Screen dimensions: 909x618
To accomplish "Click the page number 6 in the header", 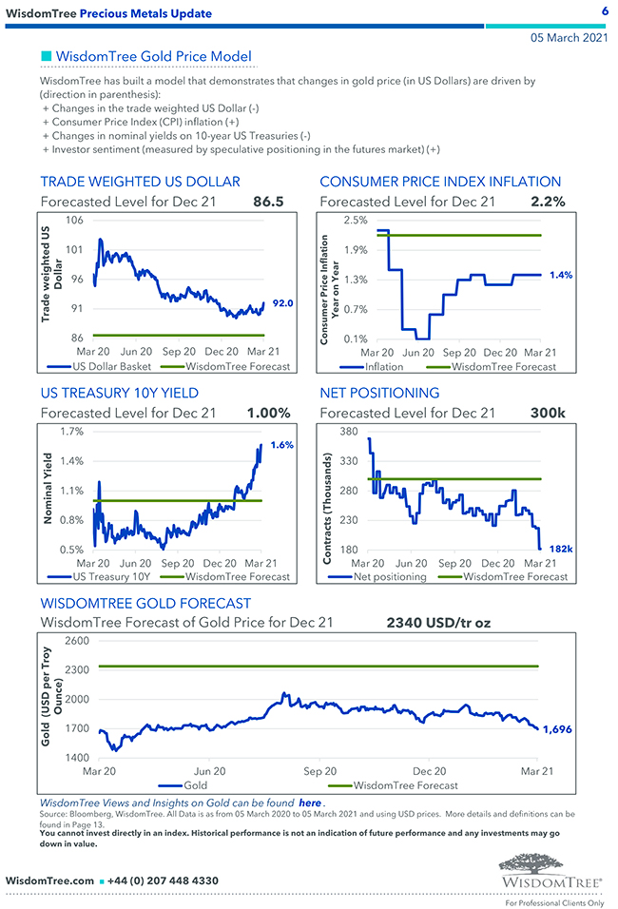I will coord(605,11).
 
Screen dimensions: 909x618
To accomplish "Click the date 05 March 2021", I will coord(569,37).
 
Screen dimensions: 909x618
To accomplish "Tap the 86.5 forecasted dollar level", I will coord(268,202).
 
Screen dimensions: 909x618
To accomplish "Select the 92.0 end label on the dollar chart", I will coord(282,303).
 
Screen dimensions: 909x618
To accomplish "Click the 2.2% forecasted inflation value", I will coord(548,202).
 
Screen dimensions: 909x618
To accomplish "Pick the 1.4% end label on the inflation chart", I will coord(561,275).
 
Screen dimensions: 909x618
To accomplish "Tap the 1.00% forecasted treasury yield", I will coord(268,413).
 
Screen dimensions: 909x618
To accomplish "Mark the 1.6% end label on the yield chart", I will coord(282,445).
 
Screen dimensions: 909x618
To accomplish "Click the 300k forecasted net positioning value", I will coord(548,413).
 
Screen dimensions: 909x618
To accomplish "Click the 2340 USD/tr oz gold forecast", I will coord(438,624).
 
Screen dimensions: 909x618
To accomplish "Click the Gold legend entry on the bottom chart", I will coord(194,785).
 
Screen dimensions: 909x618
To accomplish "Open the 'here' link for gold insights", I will coord(310,803).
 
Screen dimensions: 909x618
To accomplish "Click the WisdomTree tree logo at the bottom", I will coord(550,868).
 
